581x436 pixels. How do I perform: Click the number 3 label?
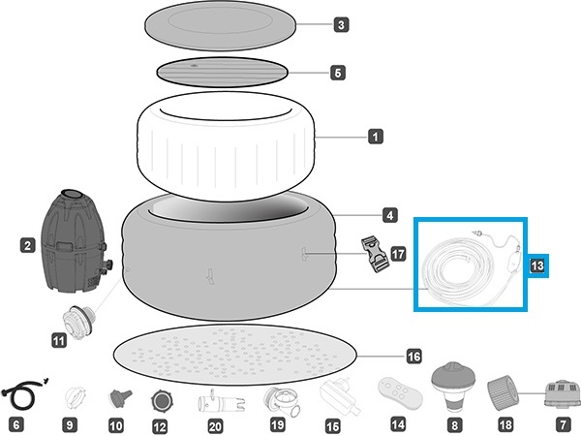pos(341,25)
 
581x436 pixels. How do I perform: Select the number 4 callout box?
pos(388,214)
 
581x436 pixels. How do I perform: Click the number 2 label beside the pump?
pos(29,247)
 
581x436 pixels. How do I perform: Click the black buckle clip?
pos(373,254)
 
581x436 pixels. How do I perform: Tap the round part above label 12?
pos(162,399)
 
